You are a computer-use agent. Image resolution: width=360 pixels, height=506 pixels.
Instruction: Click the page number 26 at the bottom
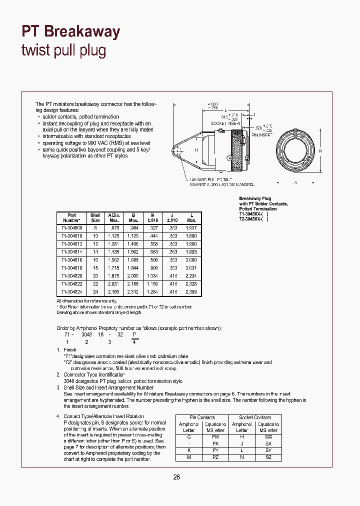click(176, 477)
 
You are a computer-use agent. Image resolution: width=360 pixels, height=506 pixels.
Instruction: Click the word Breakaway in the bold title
click(82, 31)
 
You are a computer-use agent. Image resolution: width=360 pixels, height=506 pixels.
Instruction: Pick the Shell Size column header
click(95, 217)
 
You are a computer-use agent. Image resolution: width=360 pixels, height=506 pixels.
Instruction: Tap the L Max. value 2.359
click(190, 291)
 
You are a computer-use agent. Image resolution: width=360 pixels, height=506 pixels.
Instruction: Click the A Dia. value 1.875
click(114, 275)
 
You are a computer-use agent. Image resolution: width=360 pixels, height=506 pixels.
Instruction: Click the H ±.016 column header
click(153, 217)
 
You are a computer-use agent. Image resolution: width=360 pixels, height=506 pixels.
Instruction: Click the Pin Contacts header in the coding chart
click(202, 417)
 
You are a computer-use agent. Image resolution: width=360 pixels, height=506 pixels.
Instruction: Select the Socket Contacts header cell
click(255, 417)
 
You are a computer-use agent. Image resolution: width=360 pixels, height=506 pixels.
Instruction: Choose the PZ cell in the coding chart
click(215, 457)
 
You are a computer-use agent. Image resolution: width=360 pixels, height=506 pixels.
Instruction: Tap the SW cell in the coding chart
click(268, 437)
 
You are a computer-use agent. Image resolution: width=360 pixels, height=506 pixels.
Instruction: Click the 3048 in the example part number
click(86, 335)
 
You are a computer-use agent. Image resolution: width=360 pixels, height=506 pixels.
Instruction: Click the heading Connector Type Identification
click(94, 374)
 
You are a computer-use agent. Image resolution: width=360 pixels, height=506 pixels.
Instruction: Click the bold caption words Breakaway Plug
click(254, 198)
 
